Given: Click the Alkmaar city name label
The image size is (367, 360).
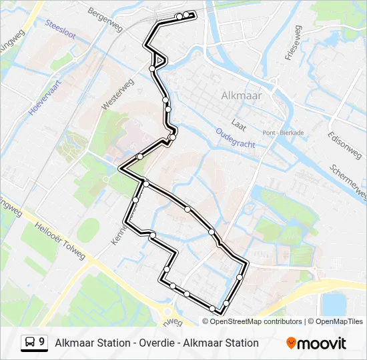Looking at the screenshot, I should click(241, 95).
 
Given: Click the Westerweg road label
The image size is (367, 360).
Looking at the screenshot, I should click(118, 95).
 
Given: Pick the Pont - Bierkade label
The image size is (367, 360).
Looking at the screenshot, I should click(284, 133).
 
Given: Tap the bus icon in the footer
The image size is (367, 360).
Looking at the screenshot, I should click(31, 343).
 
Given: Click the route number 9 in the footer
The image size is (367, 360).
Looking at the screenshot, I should click(42, 342).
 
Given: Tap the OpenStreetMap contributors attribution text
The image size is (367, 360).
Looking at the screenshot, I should click(256, 321).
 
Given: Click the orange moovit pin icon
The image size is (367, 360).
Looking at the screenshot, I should click(291, 343).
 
